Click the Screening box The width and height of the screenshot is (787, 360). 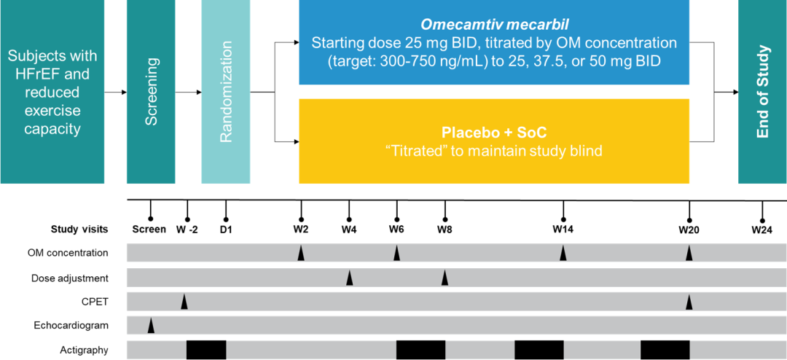(151, 91)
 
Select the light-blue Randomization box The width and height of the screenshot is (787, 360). (225, 91)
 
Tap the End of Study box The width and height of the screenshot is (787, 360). (762, 91)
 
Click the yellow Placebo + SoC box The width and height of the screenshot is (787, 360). (494, 141)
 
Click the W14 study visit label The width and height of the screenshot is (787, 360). (563, 230)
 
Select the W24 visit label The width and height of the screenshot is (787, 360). (762, 230)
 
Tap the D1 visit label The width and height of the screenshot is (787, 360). (225, 230)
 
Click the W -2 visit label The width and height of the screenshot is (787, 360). (187, 230)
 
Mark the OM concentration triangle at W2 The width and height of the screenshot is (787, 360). (300, 254)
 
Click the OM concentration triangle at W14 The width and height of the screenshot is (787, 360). (563, 254)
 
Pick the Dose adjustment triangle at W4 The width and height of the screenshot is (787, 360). (349, 278)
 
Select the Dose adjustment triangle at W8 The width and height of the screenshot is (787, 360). (445, 278)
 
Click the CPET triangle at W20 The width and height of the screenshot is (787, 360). (689, 302)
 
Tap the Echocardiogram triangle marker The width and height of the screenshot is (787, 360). (151, 326)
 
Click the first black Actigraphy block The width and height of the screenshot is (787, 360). (206, 350)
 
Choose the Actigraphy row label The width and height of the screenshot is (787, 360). (84, 350)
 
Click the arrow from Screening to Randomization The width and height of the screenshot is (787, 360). (188, 93)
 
